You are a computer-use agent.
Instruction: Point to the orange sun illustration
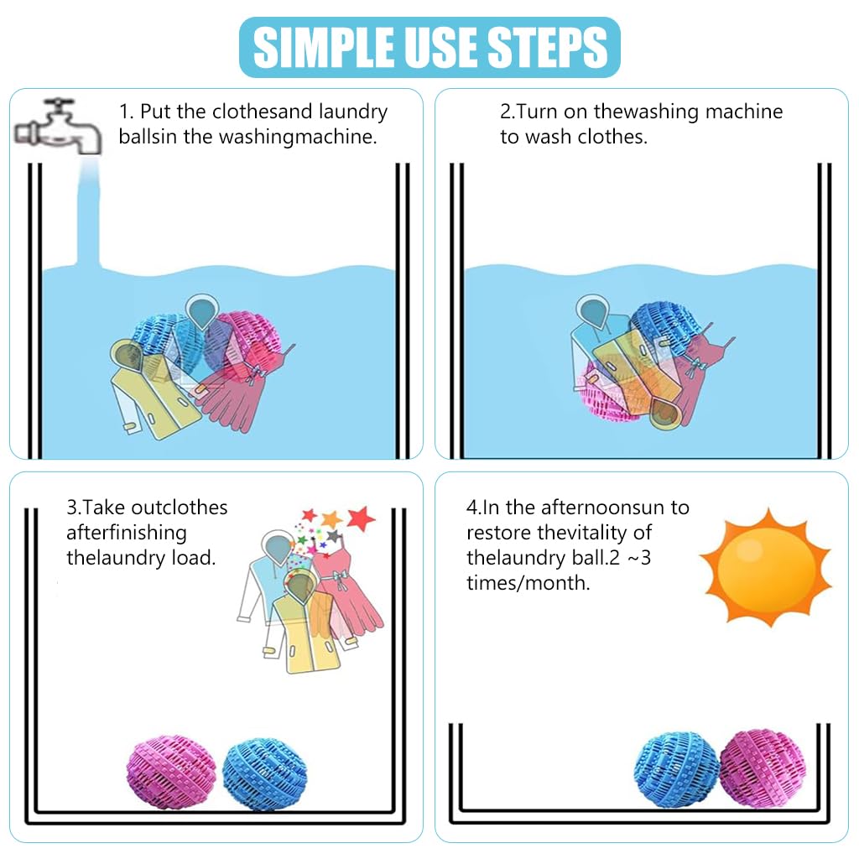pyautogui.click(x=764, y=567)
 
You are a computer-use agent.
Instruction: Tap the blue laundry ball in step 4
pyautogui.click(x=675, y=768)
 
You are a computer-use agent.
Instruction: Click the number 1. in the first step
pyautogui.click(x=126, y=112)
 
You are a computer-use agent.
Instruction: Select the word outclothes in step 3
pyautogui.click(x=183, y=508)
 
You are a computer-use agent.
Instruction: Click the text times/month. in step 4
pyautogui.click(x=528, y=583)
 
